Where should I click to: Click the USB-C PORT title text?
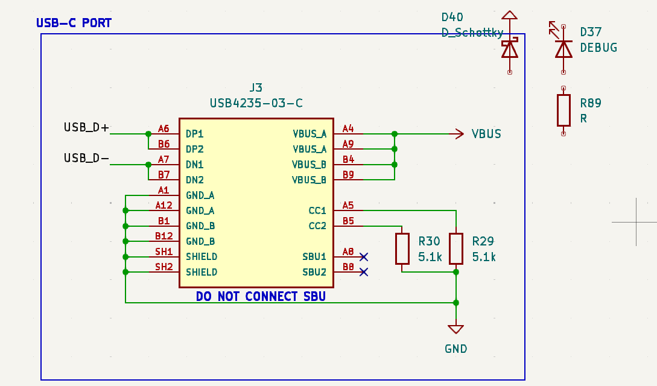(74, 24)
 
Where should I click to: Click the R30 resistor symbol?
(402, 248)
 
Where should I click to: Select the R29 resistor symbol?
(456, 248)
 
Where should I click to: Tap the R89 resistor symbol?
(563, 110)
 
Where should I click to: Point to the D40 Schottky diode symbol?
(510, 48)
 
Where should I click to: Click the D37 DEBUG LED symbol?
(563, 48)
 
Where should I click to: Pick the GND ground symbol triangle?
(456, 329)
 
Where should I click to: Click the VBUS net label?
(486, 134)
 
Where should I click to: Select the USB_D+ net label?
(87, 128)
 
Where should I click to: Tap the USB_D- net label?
(87, 158)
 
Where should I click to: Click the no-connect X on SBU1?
(363, 256)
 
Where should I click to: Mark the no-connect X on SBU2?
(363, 272)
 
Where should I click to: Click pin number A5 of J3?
(348, 205)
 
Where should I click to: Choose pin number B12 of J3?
(164, 236)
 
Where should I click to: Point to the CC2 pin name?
(317, 226)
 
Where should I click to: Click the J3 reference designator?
(256, 88)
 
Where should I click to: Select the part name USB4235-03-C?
(256, 103)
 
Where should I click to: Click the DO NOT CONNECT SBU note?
(261, 297)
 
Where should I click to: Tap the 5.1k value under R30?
(430, 257)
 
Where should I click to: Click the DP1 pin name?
(195, 134)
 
